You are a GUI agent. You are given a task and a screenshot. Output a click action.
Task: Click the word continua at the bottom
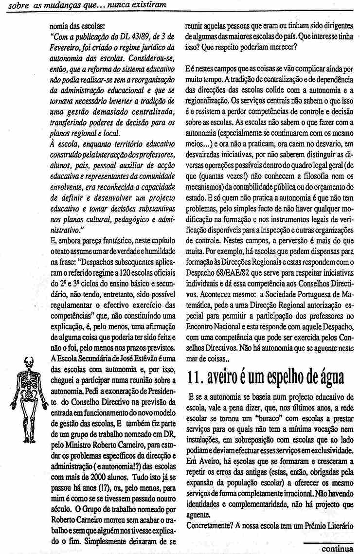[x=337, y=549]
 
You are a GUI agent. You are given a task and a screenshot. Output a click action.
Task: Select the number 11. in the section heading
[x=197, y=376]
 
